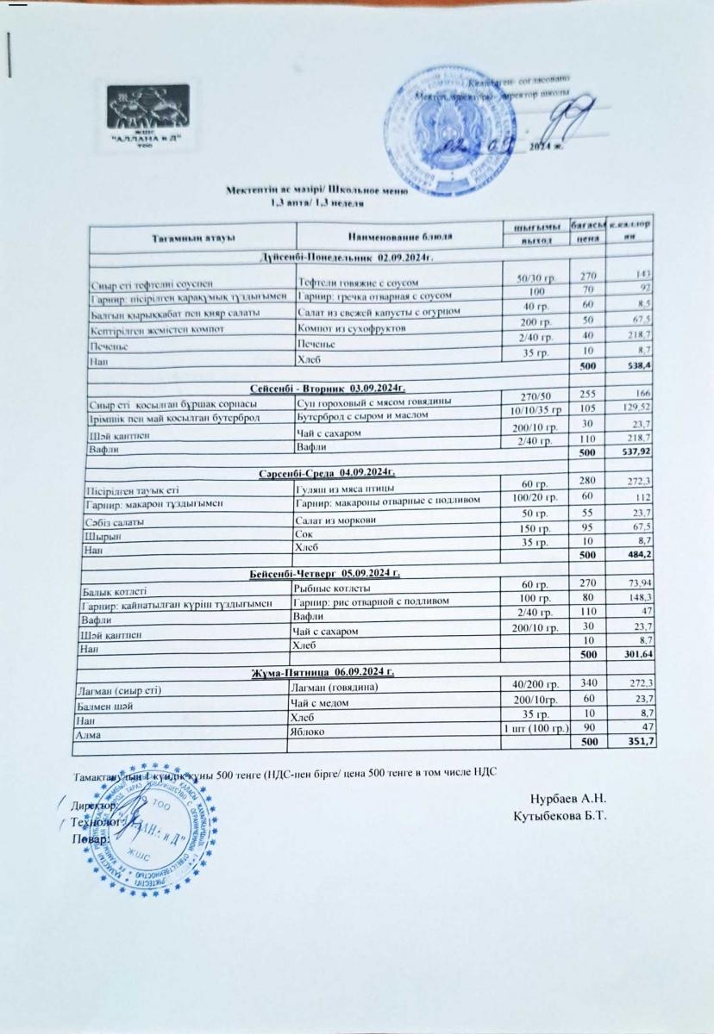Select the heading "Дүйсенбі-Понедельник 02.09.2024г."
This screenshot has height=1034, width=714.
click(345, 257)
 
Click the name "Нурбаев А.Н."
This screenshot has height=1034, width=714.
click(568, 799)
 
